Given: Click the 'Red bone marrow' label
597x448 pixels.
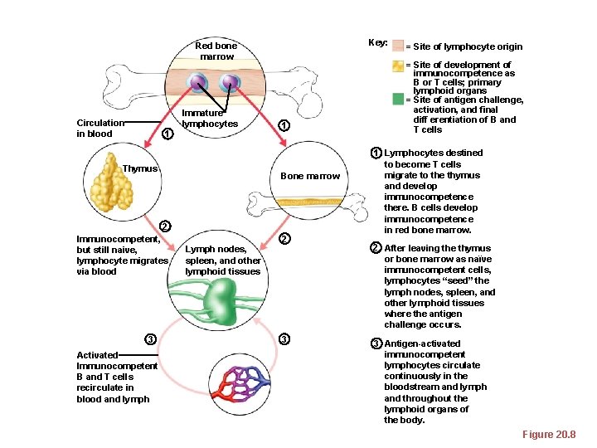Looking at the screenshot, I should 216,51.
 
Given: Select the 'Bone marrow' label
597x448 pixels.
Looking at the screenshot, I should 310,176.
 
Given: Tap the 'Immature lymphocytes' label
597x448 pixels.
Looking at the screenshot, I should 209,119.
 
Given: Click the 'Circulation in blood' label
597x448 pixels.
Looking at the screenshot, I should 94,129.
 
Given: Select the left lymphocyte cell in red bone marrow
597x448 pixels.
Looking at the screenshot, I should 197,83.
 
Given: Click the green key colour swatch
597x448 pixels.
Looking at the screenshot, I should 398,100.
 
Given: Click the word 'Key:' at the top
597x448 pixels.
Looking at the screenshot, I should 377,43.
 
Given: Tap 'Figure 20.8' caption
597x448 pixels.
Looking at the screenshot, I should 548,435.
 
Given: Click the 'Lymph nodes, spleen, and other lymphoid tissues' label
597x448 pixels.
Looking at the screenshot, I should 222,260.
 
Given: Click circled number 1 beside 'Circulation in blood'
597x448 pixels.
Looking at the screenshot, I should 167,134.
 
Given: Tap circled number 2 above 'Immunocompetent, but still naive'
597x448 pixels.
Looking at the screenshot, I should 165,226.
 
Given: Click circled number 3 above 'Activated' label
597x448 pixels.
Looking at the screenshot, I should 149,338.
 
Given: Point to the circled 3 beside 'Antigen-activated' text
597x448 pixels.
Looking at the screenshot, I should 375,343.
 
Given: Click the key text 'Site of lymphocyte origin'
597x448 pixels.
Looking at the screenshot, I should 467,47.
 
